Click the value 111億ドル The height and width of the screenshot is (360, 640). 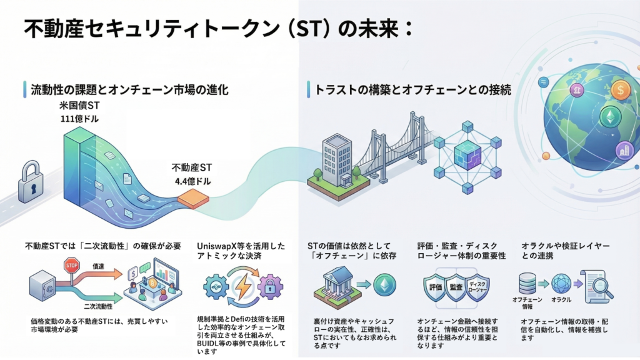tap(79, 119)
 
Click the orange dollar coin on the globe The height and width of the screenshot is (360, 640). tap(621, 91)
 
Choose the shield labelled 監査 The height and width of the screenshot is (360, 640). tap(457, 287)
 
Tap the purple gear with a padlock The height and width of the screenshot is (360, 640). tap(269, 287)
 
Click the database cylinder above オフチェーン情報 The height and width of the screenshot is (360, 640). tap(527, 283)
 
